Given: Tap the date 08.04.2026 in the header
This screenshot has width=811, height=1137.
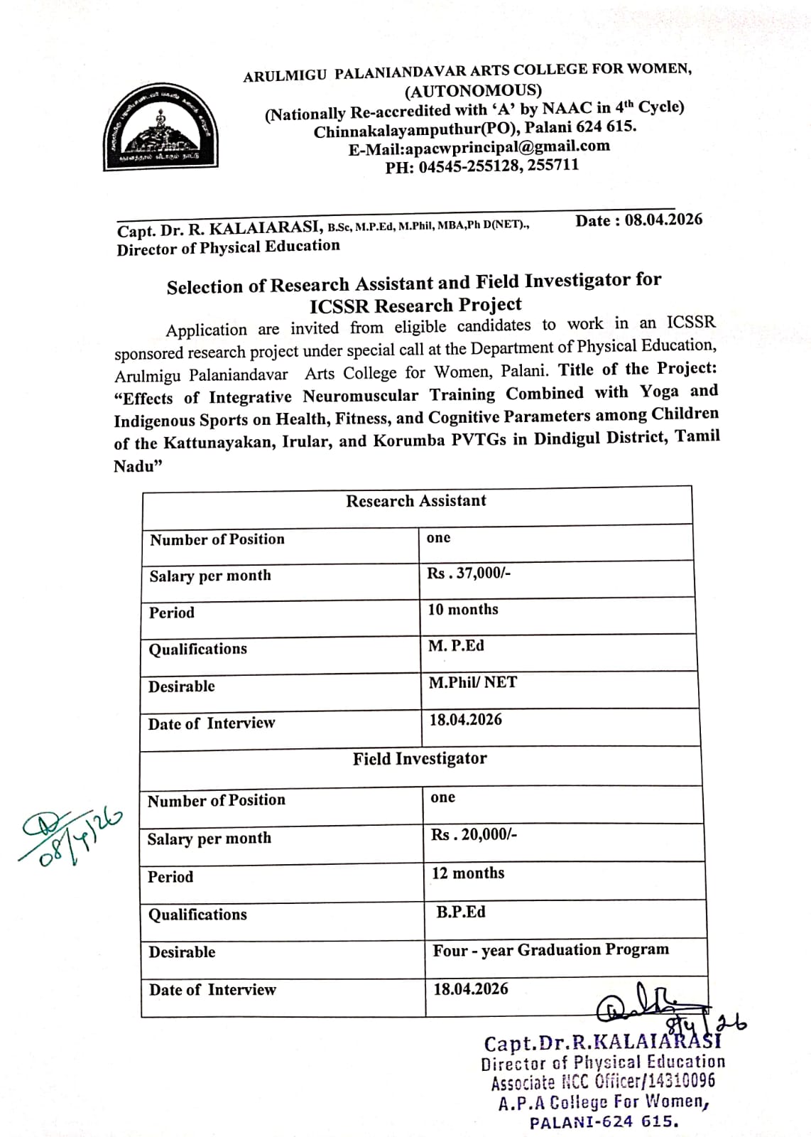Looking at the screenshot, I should (663, 220).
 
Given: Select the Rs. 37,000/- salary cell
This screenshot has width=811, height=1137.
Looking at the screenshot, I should (469, 573).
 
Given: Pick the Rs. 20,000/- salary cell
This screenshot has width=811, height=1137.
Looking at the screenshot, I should (474, 834).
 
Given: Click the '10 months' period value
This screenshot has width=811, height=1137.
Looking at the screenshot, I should (463, 610).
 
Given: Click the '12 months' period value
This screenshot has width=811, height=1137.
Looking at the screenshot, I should (468, 873).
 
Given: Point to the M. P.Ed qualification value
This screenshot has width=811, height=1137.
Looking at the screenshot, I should (456, 646).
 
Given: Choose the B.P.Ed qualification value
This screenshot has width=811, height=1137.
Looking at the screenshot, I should (461, 912).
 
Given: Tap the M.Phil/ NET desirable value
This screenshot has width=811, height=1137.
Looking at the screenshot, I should (473, 683).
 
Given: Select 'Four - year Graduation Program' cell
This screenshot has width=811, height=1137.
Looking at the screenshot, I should (551, 950).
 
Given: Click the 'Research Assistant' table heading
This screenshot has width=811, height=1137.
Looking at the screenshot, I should (416, 501).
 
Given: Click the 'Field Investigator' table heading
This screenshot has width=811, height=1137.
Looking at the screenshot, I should (420, 759).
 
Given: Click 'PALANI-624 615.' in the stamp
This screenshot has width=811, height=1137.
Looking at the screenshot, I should (604, 1122).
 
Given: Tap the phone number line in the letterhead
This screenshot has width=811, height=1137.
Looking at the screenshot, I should (482, 166).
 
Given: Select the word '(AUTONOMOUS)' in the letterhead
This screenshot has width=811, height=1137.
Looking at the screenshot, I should (473, 90).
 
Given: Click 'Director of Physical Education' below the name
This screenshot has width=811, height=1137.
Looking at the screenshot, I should (229, 247).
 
